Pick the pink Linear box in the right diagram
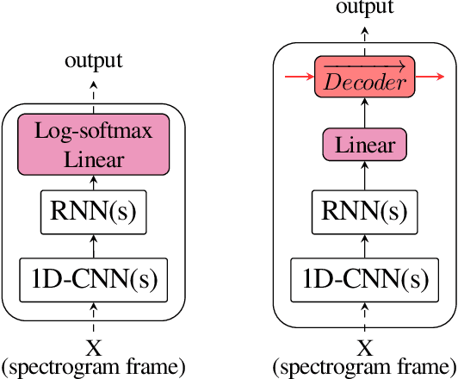pyautogui.click(x=365, y=144)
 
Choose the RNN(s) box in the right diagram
pyautogui.click(x=365, y=210)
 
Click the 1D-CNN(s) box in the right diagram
pyautogui.click(x=365, y=279)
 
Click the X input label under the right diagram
pyautogui.click(x=365, y=348)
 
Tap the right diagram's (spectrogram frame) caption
pyautogui.click(x=365, y=367)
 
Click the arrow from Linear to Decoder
pyautogui.click(x=365, y=111)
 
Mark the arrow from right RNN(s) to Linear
pyautogui.click(x=365, y=177)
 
